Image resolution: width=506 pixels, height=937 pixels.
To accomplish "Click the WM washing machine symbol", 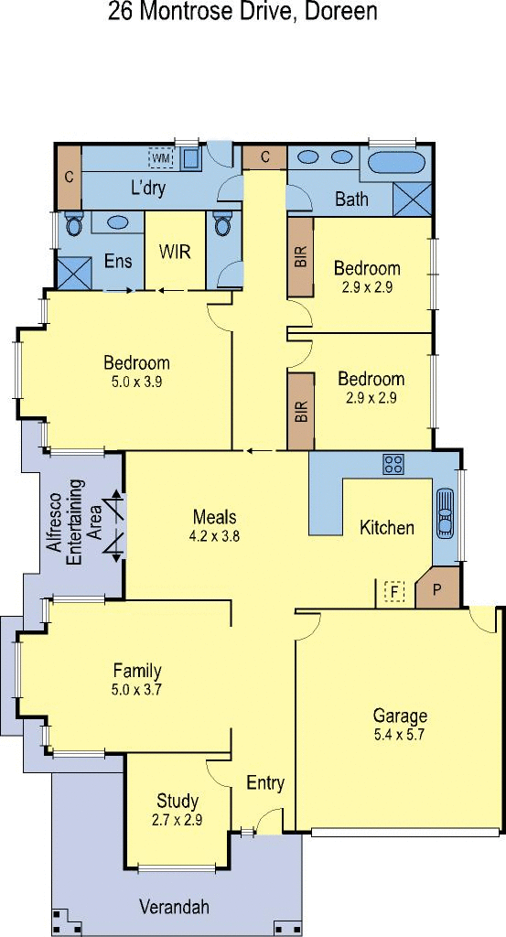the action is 161,158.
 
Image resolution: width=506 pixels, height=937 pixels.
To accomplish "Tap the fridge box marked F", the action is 394,592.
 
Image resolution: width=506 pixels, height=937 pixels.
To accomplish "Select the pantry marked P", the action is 436,588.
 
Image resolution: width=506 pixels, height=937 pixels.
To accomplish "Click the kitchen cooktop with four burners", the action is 393,464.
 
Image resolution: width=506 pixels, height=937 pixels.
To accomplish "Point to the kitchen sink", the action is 445,514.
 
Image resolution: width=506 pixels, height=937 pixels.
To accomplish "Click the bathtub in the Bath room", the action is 396,163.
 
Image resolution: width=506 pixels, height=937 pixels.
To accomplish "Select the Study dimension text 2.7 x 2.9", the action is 177,820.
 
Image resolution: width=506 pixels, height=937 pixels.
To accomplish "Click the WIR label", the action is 175,252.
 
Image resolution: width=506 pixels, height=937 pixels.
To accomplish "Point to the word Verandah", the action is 175,907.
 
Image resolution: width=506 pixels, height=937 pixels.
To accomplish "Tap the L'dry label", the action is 147,188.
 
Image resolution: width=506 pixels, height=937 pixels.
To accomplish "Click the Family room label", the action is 137,671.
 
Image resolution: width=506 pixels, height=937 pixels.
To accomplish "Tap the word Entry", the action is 265,783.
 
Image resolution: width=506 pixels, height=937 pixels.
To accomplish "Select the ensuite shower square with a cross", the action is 74,274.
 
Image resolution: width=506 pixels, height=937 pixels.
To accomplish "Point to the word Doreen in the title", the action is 341,11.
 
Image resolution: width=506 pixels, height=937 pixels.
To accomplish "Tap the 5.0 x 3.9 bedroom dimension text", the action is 137,382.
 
